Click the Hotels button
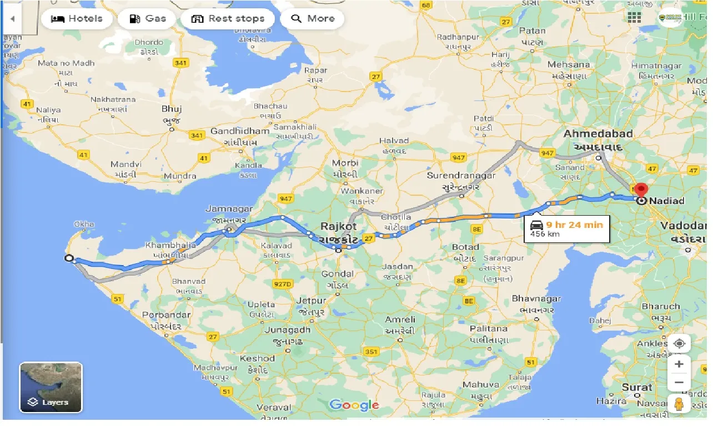coord(77,19)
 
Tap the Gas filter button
coord(147,19)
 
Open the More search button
coord(312,19)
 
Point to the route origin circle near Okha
coord(69,258)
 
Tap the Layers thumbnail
coord(51,387)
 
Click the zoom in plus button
coord(679,364)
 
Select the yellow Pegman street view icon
coord(679,405)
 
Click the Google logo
coord(354,405)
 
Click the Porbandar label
coord(166,315)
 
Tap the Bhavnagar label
coord(536,299)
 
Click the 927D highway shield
coord(282,284)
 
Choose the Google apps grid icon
coord(634,17)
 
